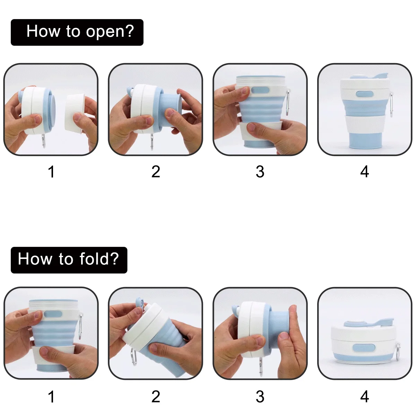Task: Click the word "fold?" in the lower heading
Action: (x=99, y=259)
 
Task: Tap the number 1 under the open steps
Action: (x=51, y=172)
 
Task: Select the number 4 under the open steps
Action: (x=364, y=172)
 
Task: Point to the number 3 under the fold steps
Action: (x=260, y=397)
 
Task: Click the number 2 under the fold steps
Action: (x=156, y=397)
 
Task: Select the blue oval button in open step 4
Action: (x=365, y=94)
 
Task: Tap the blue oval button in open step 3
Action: (x=260, y=90)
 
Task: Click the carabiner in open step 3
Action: (x=288, y=103)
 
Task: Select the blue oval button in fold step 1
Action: (x=53, y=314)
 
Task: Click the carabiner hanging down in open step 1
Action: (x=44, y=141)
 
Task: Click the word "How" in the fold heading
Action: (x=35, y=259)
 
